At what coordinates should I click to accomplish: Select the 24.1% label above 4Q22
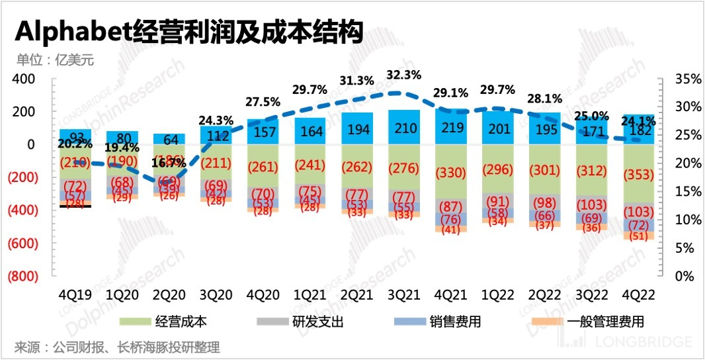click(639, 121)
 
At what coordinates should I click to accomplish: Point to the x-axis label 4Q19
click(75, 292)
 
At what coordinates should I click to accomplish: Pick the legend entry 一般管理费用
click(606, 322)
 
